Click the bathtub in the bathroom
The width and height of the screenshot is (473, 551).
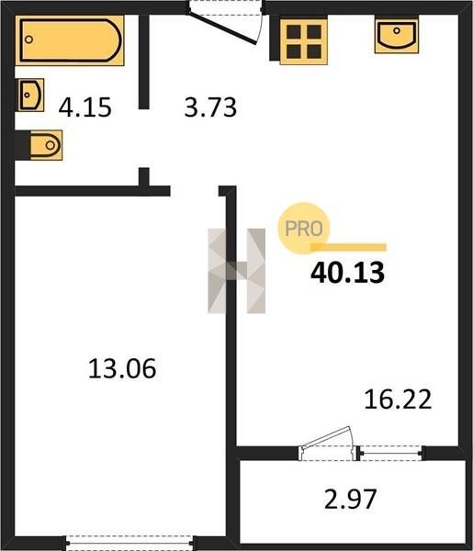click(x=70, y=40)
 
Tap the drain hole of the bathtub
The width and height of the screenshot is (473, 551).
click(x=28, y=39)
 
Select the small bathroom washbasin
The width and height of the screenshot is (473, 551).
click(x=31, y=95)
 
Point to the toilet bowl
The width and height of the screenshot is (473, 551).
click(x=46, y=145)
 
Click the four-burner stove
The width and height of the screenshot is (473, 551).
click(x=304, y=41)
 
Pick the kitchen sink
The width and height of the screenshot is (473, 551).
click(x=397, y=36)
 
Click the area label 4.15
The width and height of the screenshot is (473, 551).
click(x=85, y=107)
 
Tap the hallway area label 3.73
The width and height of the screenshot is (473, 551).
click(x=210, y=107)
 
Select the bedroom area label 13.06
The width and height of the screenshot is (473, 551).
click(x=122, y=368)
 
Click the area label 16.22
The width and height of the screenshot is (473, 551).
click(x=398, y=399)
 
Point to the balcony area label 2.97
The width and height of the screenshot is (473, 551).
click(x=350, y=499)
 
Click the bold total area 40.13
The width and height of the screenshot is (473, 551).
click(x=347, y=273)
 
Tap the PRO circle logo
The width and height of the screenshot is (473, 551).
click(x=304, y=229)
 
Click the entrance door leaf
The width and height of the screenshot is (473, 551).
click(x=222, y=28)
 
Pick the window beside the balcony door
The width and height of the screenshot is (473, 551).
click(x=391, y=453)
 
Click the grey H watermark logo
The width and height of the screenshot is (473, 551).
click(x=237, y=271)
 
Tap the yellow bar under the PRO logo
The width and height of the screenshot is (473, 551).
click(x=348, y=247)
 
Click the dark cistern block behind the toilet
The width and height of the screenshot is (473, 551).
click(x=22, y=145)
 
